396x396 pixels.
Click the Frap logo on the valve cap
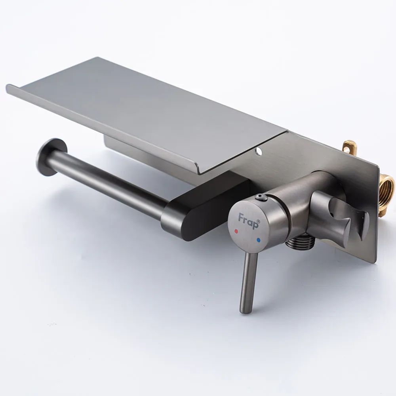tap(248, 220)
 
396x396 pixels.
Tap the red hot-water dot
tap(236, 231)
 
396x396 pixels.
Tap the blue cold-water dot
tap(258, 240)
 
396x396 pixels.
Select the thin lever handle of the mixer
tap(248, 283)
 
